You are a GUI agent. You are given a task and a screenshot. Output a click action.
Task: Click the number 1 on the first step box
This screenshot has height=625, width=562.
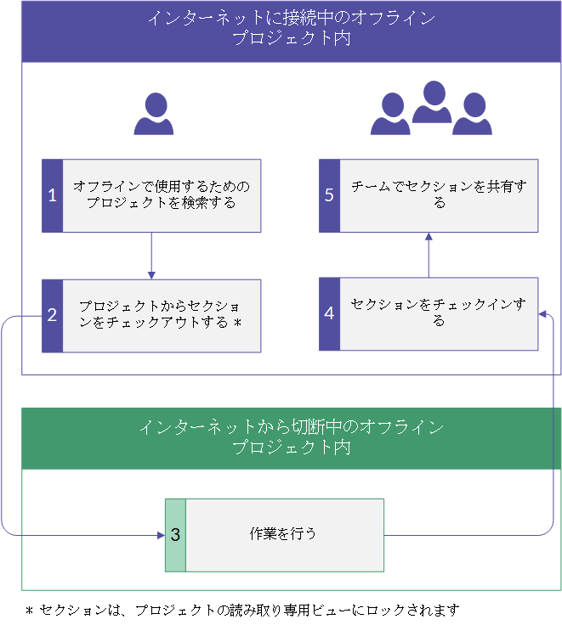point(52,195)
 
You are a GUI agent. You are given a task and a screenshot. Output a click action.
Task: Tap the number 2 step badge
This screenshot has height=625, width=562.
point(52,315)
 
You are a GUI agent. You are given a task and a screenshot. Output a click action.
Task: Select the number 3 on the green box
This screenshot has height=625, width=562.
point(175,535)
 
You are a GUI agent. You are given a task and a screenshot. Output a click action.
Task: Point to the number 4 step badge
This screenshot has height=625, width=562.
point(329,313)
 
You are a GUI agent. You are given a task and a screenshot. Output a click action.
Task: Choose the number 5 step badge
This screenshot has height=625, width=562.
point(329,195)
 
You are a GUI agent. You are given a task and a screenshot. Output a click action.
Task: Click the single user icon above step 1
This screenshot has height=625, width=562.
point(154,114)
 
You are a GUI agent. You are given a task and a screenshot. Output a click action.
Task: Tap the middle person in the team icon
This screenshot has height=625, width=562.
point(432,102)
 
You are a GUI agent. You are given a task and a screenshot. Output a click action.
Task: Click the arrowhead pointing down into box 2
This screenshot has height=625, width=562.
point(151,275)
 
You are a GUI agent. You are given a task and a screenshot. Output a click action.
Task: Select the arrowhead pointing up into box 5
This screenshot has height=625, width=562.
point(429,236)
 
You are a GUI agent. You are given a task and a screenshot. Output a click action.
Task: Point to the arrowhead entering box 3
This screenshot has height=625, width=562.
point(162,535)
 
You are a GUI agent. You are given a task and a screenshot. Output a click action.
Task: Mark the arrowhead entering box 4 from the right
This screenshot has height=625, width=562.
point(542,314)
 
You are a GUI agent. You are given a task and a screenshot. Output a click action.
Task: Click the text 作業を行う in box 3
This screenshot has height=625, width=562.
point(282,534)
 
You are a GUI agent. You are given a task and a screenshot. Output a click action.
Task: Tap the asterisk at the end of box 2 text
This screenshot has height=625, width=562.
point(238,323)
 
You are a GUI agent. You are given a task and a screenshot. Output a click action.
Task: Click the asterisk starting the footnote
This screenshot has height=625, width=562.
point(29,611)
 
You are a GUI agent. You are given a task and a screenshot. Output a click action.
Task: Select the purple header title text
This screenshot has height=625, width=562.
point(292,28)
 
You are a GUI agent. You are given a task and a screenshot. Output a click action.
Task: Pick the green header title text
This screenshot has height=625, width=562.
point(292,436)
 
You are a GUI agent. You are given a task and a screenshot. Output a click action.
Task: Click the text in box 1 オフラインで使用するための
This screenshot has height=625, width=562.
point(162,186)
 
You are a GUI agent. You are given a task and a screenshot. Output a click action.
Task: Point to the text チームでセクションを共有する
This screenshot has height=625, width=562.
point(439,194)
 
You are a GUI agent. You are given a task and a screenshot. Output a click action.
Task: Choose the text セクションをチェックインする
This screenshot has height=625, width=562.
point(438,312)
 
